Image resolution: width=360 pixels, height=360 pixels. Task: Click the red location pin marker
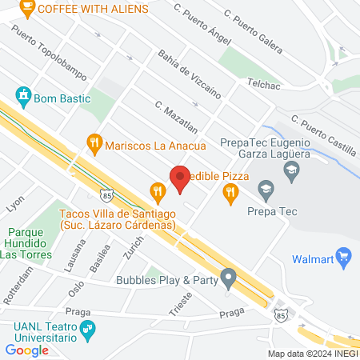tap(180, 178)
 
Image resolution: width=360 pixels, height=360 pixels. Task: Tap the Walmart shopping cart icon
tap(345, 257)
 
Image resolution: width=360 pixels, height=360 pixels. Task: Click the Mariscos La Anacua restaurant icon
tap(95, 146)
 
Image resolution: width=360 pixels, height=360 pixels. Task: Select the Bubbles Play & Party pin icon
tap(229, 280)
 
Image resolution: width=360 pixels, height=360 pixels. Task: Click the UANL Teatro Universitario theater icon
tap(89, 327)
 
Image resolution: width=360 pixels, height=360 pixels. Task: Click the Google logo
tap(26, 350)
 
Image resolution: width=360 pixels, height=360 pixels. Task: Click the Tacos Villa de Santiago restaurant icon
tap(157, 190)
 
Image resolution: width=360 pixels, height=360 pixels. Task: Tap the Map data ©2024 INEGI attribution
tap(312, 354)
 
